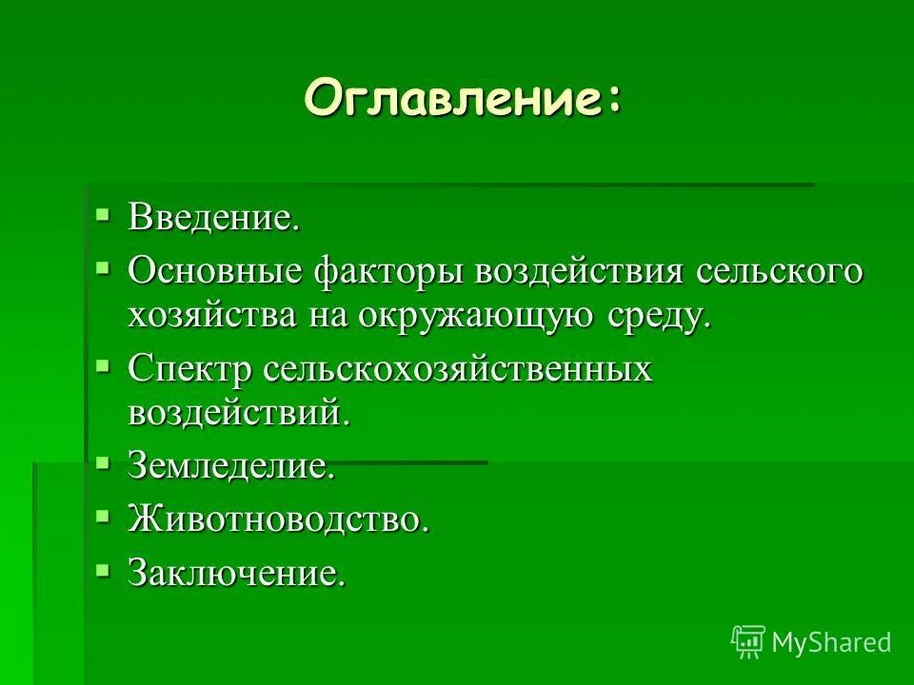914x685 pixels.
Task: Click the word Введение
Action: [x=214, y=218]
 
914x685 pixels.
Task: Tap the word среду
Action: [x=661, y=316]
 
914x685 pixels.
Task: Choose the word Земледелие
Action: [x=231, y=466]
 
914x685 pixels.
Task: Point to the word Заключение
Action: [x=235, y=574]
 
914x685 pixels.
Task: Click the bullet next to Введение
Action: [x=103, y=213]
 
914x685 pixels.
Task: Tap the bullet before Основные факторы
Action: [x=103, y=266]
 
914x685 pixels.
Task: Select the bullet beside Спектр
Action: [x=103, y=364]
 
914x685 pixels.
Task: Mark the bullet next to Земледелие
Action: [x=103, y=461]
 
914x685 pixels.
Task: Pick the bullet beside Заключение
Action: [x=103, y=569]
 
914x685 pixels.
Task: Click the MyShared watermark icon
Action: [x=748, y=642]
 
